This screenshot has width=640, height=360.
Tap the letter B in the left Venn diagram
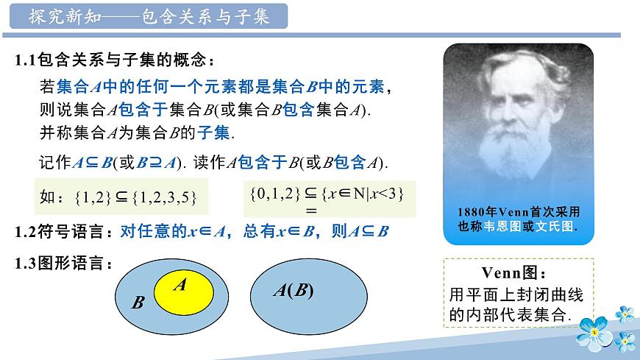[x=138, y=303]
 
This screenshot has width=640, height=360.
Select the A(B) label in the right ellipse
[x=293, y=291]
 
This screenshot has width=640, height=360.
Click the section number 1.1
[x=26, y=60]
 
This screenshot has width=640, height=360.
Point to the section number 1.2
[x=26, y=231]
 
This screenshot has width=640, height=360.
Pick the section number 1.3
[x=26, y=261]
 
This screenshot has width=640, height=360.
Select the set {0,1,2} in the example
[x=274, y=193]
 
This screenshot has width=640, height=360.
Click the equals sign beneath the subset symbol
[x=310, y=210]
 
